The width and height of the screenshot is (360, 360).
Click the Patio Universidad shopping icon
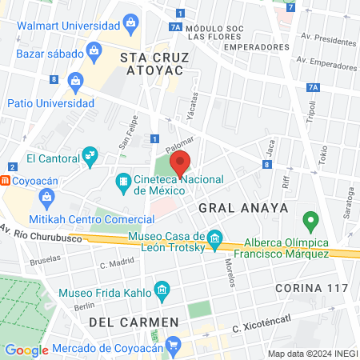(x=76, y=80)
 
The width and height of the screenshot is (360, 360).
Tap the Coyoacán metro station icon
(x=6, y=181)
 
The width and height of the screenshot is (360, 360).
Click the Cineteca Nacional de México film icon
(x=122, y=182)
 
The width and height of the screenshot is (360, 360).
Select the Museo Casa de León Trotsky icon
(x=214, y=238)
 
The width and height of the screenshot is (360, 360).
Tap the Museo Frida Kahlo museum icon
(x=162, y=288)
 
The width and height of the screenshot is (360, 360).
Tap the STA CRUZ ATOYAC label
(x=151, y=64)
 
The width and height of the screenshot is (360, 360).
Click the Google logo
(x=26, y=350)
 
